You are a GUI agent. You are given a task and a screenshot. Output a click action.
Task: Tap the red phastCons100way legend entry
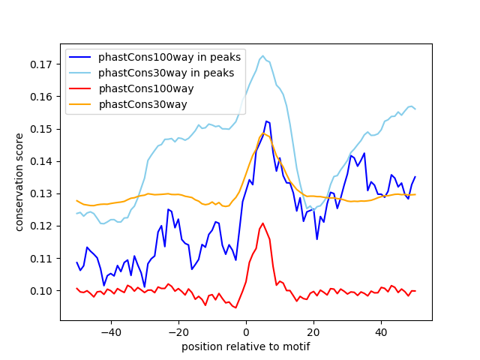click(146, 88)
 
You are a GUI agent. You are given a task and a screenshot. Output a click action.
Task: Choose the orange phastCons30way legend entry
click(142, 104)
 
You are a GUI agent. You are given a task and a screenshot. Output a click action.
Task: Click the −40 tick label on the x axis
click(110, 331)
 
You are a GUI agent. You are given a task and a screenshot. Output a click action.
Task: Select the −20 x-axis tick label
click(178, 331)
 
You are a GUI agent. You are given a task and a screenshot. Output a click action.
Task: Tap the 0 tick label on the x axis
click(246, 331)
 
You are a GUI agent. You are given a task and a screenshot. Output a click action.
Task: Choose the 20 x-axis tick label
click(313, 331)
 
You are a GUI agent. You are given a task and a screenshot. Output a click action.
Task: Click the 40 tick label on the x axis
click(381, 331)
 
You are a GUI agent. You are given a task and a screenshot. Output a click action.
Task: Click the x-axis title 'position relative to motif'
click(245, 346)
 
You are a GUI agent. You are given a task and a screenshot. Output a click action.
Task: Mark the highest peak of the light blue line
click(262, 56)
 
